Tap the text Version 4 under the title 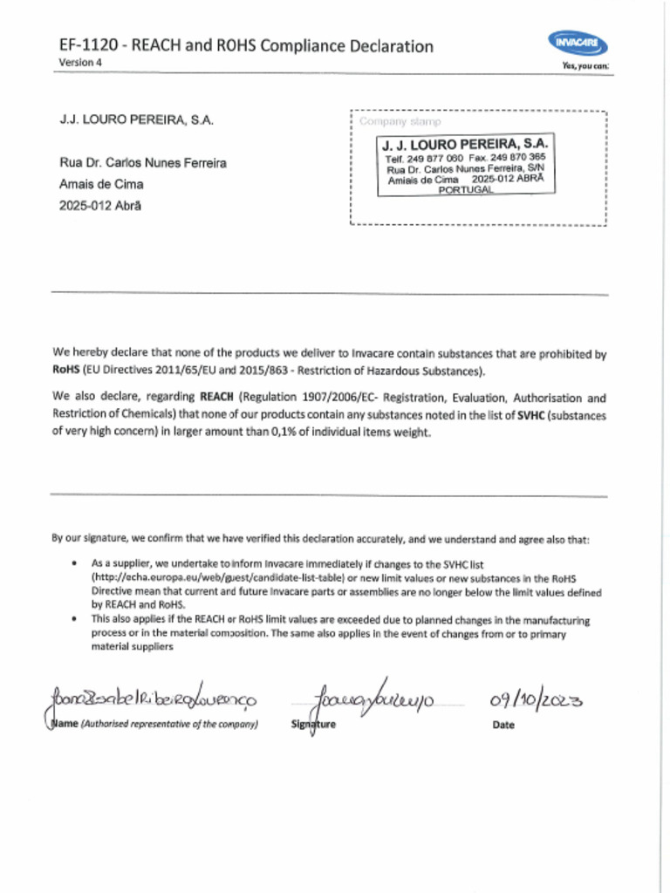[x=80, y=63]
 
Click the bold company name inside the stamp [x=465, y=143]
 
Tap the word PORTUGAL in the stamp [x=465, y=190]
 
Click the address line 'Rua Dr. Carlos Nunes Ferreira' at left [x=143, y=163]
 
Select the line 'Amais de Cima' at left [x=101, y=184]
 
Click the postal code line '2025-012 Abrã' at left [x=99, y=206]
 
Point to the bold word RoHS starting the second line [x=65, y=370]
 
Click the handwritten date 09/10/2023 [x=537, y=699]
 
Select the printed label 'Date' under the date [x=503, y=725]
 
